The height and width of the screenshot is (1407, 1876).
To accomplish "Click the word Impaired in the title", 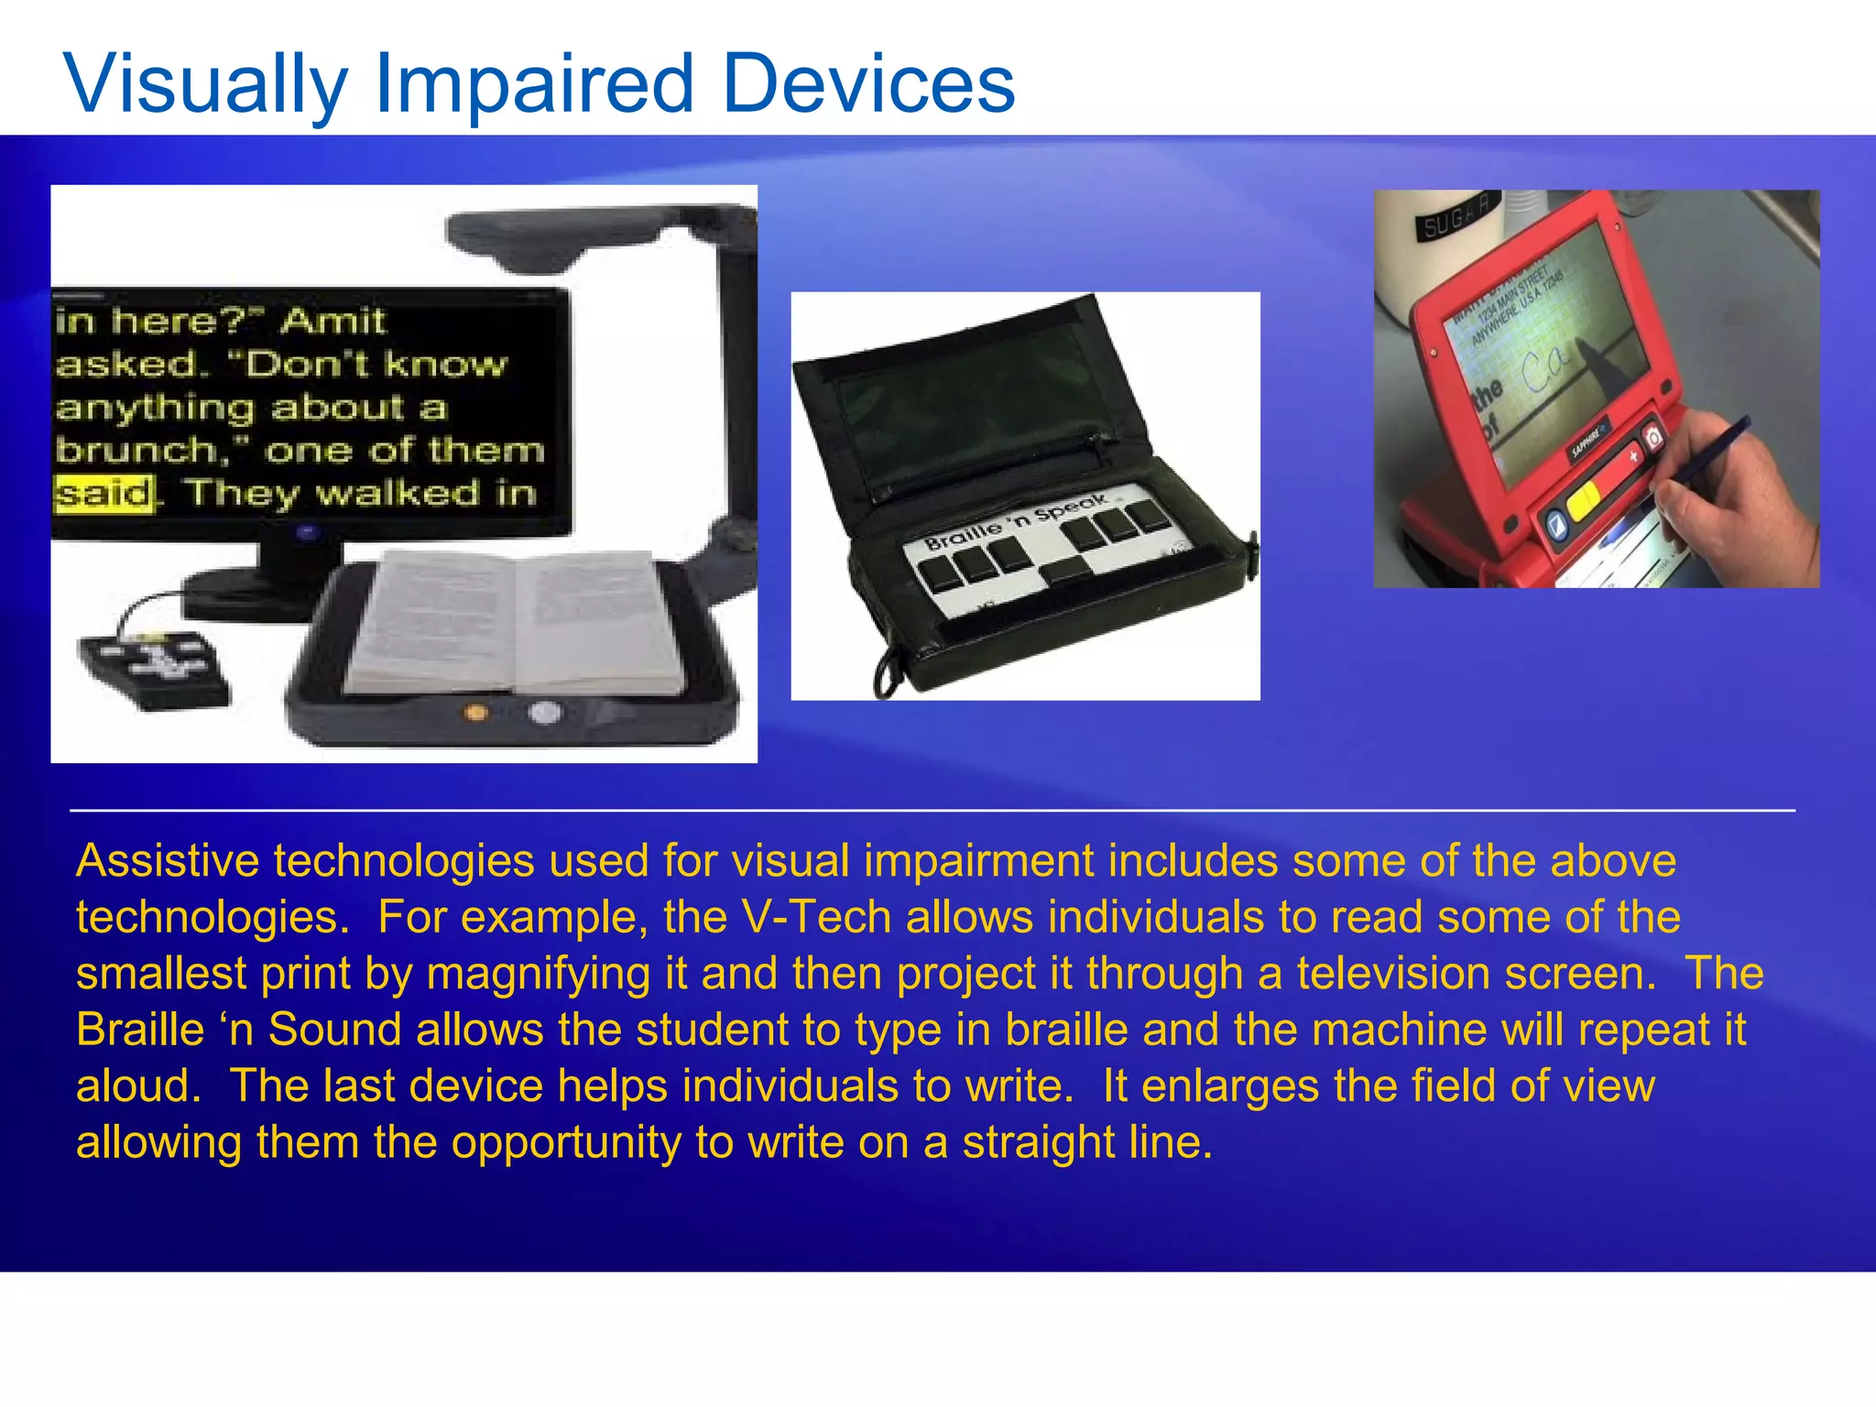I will click(533, 84).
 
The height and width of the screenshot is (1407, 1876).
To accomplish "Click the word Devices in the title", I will click(867, 84).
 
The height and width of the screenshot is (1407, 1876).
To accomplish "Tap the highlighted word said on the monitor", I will click(103, 494).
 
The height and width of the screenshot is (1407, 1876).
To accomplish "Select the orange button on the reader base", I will click(475, 712).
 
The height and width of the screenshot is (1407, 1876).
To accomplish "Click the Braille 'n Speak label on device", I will click(1017, 521).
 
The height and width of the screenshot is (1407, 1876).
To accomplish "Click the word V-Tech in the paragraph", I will click(816, 917).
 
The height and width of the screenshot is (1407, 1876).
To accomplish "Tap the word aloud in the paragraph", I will click(137, 1085).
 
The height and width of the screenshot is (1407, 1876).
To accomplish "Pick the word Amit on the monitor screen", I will click(333, 321).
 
